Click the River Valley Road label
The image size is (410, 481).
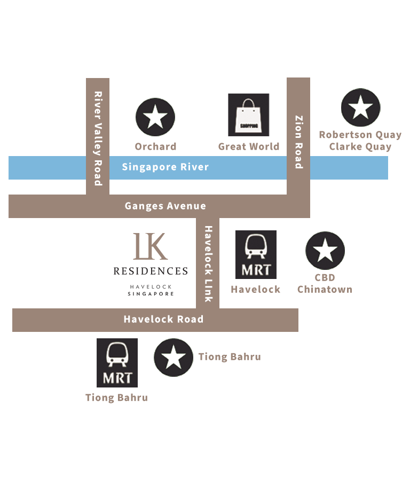tap(98, 138)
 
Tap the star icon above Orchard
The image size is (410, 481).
tap(155, 117)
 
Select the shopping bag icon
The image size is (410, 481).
tap(249, 115)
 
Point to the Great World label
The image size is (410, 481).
tap(247, 146)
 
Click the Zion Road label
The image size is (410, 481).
tap(299, 142)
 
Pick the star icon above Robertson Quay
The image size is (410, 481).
tap(361, 107)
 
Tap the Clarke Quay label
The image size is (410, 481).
tap(360, 146)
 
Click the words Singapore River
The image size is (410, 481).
tap(165, 167)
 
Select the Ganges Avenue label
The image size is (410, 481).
tap(165, 206)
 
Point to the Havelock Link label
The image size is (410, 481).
tap(208, 263)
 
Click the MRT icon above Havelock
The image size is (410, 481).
tap(256, 254)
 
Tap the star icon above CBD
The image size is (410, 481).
tap(325, 251)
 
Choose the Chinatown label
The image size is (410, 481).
tap(324, 290)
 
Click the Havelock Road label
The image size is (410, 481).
tap(163, 319)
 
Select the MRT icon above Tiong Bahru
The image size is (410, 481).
tap(117, 362)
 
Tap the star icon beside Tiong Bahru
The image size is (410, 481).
tap(174, 358)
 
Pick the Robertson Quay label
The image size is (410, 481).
tap(362, 135)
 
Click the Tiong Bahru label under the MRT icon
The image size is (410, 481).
tap(115, 398)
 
